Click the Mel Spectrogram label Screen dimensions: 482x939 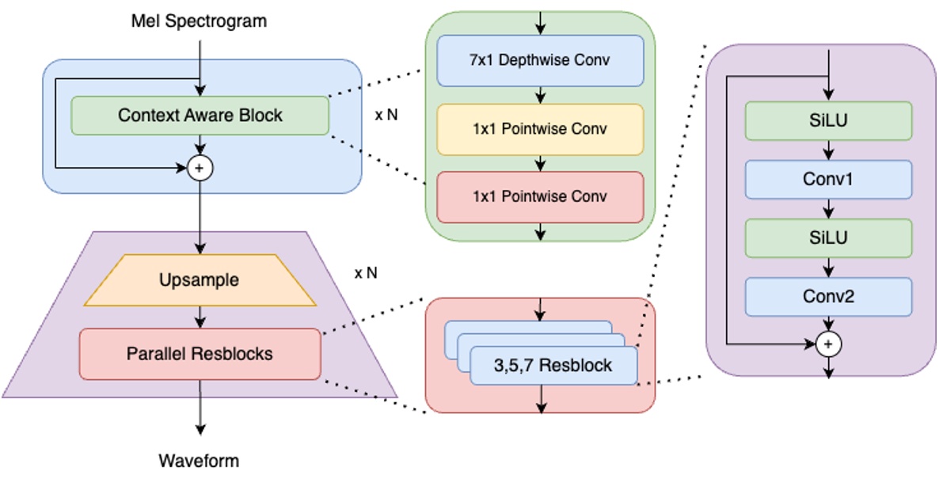(x=199, y=21)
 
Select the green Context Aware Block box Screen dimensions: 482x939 (x=200, y=116)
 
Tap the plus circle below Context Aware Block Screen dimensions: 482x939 (x=200, y=168)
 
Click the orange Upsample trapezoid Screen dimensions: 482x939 (x=200, y=280)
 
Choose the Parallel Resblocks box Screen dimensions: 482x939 (x=200, y=354)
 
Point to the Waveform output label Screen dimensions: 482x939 (x=199, y=460)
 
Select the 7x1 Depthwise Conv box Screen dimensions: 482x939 (x=540, y=60)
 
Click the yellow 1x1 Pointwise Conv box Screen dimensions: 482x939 (x=540, y=129)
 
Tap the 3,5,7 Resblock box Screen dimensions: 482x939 (x=553, y=366)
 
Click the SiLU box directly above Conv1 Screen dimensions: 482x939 (x=828, y=121)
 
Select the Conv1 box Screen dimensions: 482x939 (x=828, y=180)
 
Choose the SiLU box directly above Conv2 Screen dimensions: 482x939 (x=828, y=237)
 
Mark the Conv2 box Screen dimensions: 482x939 (x=828, y=296)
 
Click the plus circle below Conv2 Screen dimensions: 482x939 (x=828, y=344)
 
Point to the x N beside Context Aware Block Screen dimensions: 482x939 (x=386, y=114)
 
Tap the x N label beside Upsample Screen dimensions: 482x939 (x=366, y=273)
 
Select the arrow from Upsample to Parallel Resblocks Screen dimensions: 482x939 (x=200, y=317)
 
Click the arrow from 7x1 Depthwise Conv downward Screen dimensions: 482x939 (x=540, y=95)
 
